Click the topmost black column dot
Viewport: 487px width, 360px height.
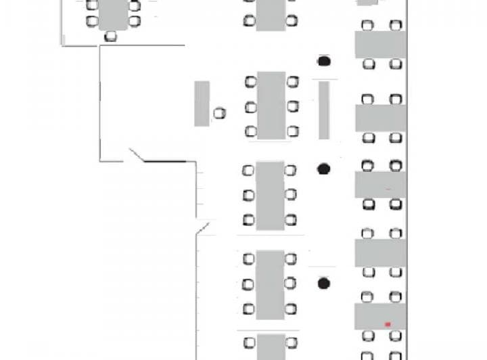324,62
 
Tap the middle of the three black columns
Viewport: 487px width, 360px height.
324,168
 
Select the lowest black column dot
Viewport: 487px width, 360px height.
324,283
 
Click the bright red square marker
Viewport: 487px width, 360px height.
388,325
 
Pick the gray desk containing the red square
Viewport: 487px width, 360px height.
380,316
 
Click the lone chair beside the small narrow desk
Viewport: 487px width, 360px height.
219,113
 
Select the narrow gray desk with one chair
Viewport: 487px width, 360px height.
202,104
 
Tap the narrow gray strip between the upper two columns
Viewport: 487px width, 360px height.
324,110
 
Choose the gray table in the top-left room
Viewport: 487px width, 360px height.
113,14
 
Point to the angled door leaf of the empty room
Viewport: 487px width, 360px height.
137,156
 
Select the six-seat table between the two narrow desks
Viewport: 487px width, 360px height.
271,106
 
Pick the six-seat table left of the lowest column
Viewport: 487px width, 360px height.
270,284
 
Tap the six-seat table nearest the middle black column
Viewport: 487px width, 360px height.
270,195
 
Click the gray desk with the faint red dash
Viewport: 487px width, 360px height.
380,185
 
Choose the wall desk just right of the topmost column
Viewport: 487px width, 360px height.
380,45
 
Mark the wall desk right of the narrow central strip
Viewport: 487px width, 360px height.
380,118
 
